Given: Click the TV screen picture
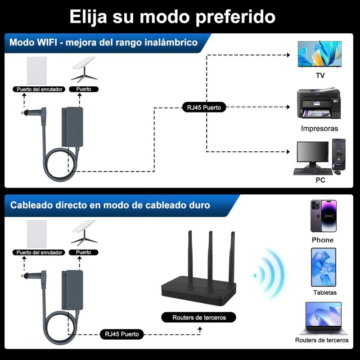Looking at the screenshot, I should pyautogui.click(x=319, y=54).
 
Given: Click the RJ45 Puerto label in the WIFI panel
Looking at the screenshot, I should pyautogui.click(x=204, y=107).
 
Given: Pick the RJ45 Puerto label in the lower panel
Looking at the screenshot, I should pyautogui.click(x=121, y=334).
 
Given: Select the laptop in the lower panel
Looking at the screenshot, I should pyautogui.click(x=323, y=319).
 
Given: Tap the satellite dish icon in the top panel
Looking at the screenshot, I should pyautogui.click(x=84, y=70).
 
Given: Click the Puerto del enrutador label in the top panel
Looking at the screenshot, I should pyautogui.click(x=40, y=89).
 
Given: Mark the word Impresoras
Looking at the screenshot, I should pyautogui.click(x=319, y=128).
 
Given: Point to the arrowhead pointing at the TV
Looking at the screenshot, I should pyautogui.click(x=289, y=55).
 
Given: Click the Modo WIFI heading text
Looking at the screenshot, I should pyautogui.click(x=103, y=43).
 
